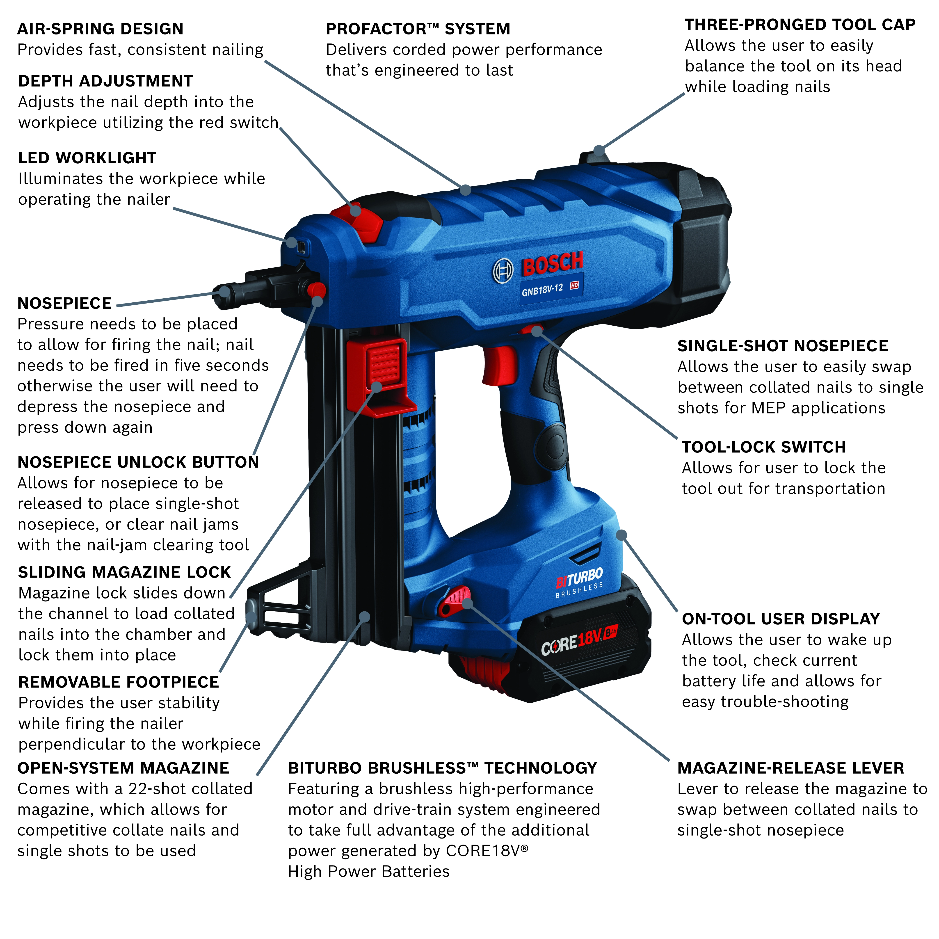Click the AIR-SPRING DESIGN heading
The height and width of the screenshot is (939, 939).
coord(100,29)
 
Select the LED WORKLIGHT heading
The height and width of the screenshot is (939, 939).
coord(87,158)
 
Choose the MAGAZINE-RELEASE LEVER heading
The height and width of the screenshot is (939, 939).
coord(790,768)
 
